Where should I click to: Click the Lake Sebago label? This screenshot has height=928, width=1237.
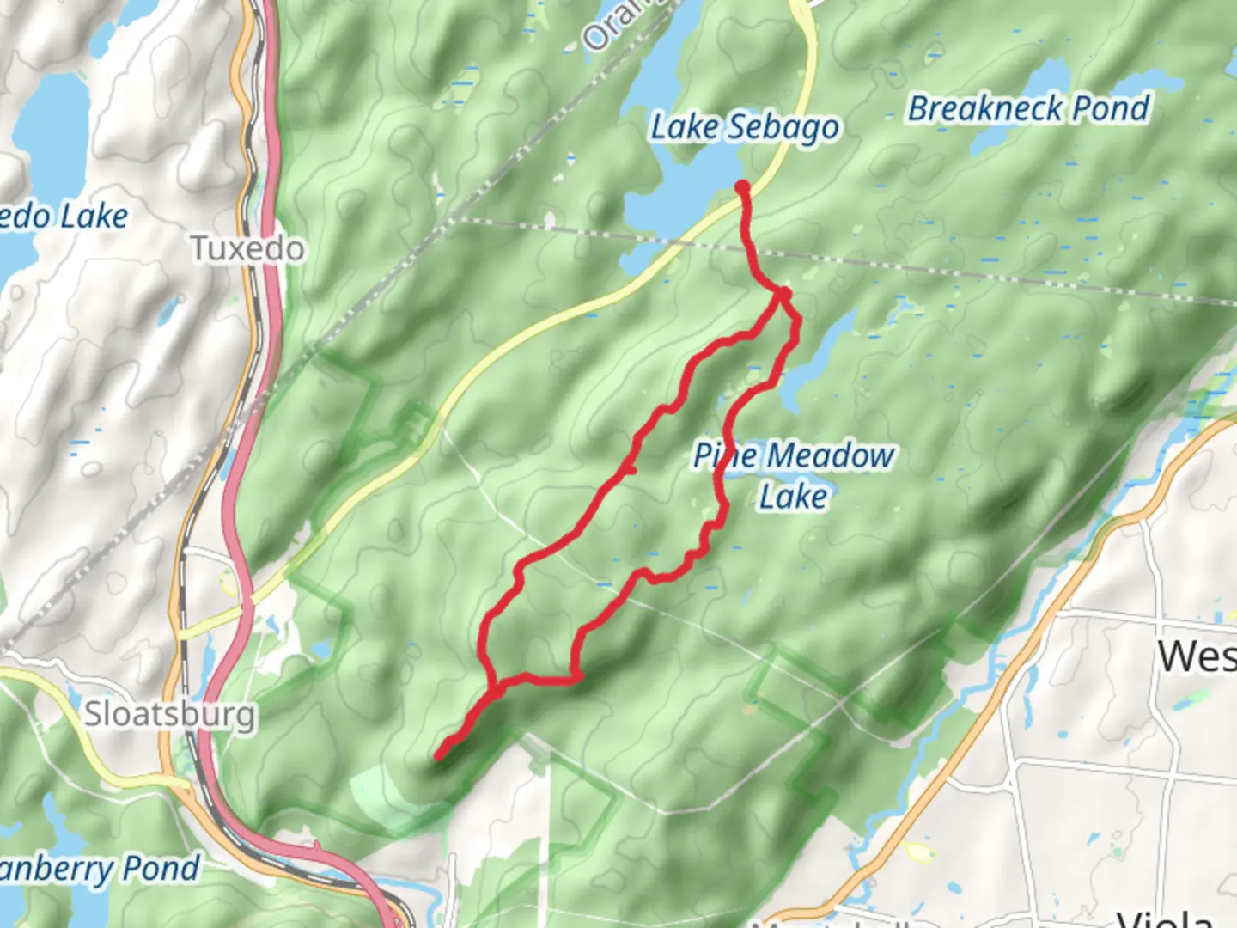(744, 128)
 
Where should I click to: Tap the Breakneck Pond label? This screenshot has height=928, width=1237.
(1028, 109)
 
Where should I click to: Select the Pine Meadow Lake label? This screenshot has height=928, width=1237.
(794, 475)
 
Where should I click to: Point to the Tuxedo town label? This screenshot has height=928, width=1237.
(247, 249)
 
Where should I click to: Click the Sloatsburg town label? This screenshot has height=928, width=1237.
(169, 714)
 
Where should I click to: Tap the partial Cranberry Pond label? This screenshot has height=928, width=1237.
(99, 869)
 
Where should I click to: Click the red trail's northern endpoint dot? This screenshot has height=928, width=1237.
(742, 186)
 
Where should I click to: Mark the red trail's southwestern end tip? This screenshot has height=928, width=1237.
(439, 757)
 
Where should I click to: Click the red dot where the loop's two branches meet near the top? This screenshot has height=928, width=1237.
(783, 295)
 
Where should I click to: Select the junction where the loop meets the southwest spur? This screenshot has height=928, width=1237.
(497, 687)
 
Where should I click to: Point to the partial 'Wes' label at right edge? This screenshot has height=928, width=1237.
(1196, 657)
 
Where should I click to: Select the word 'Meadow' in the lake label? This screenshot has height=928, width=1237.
(831, 455)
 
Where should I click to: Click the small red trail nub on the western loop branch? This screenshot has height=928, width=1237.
(631, 469)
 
